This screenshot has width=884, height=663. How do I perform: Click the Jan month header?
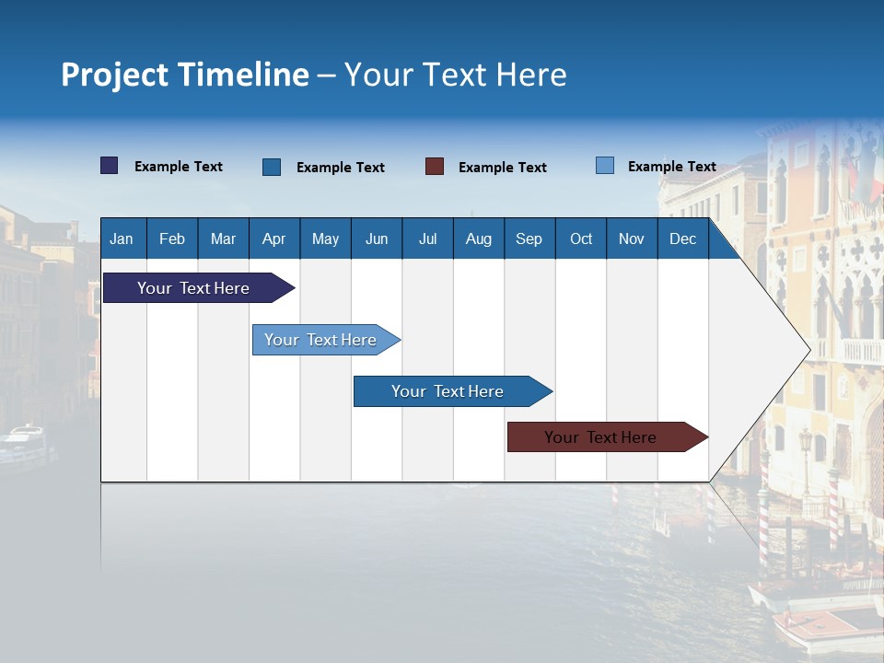pyautogui.click(x=122, y=238)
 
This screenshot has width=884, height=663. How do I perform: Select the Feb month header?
pyautogui.click(x=172, y=238)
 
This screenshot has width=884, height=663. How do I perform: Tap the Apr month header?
pyautogui.click(x=274, y=238)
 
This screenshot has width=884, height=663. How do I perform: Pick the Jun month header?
pyautogui.click(x=377, y=238)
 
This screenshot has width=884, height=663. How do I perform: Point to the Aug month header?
pyautogui.click(x=479, y=238)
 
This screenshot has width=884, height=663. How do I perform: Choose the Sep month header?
pyautogui.click(x=529, y=238)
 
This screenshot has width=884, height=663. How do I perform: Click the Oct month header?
pyautogui.click(x=581, y=238)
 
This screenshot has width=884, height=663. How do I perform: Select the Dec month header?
pyautogui.click(x=683, y=238)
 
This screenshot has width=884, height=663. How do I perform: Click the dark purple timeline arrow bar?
pyautogui.click(x=193, y=288)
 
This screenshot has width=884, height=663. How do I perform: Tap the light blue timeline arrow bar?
pyautogui.click(x=320, y=340)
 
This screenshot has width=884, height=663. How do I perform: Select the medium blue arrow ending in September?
pyautogui.click(x=448, y=391)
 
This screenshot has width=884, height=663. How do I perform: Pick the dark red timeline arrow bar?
pyautogui.click(x=600, y=437)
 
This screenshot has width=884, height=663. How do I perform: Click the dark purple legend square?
pyautogui.click(x=110, y=166)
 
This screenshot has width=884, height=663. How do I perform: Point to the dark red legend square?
pyautogui.click(x=435, y=167)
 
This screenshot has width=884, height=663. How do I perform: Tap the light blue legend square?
pyautogui.click(x=605, y=166)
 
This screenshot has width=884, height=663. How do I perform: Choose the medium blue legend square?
pyautogui.click(x=272, y=167)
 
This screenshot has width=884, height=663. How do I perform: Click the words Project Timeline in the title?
pyautogui.click(x=184, y=75)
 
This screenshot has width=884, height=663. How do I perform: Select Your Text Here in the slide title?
pyautogui.click(x=456, y=75)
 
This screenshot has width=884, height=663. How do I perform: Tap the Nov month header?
pyautogui.click(x=632, y=238)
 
